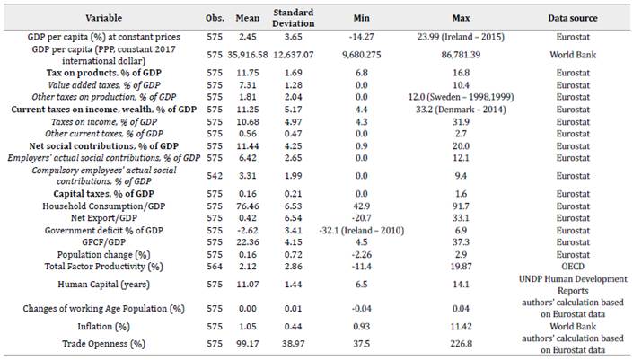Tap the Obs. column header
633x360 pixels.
click(x=214, y=18)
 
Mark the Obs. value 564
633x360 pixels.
click(x=214, y=267)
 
